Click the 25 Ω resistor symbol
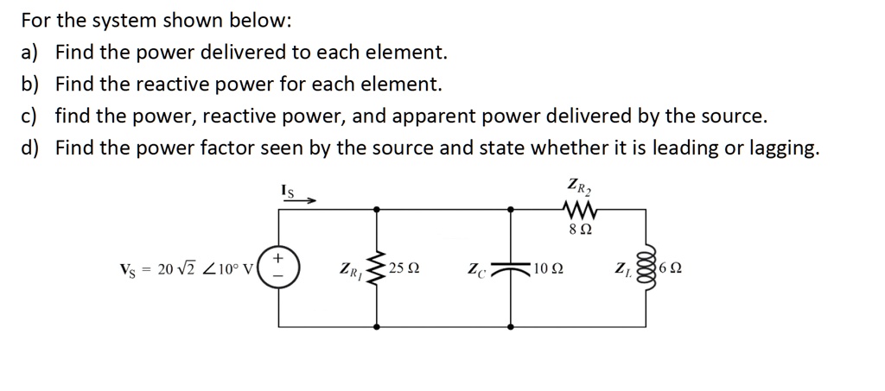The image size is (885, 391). pos(376,268)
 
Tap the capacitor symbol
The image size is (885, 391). pos(512,268)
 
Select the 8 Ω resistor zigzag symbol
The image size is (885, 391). pos(574,208)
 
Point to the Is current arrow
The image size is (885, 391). pos(298,199)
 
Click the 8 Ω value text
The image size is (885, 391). pos(580,230)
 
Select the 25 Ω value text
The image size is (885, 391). pos(404,268)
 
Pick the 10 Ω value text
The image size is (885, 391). pos(549,268)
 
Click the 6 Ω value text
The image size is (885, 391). pos(672,268)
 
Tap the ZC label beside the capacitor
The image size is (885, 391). pos(479,269)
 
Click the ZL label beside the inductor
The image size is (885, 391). pos(622,269)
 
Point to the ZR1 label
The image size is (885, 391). pos(349,269)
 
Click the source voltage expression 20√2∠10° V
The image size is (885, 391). pos(187,268)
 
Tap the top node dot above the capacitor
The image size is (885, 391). pos(512,208)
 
